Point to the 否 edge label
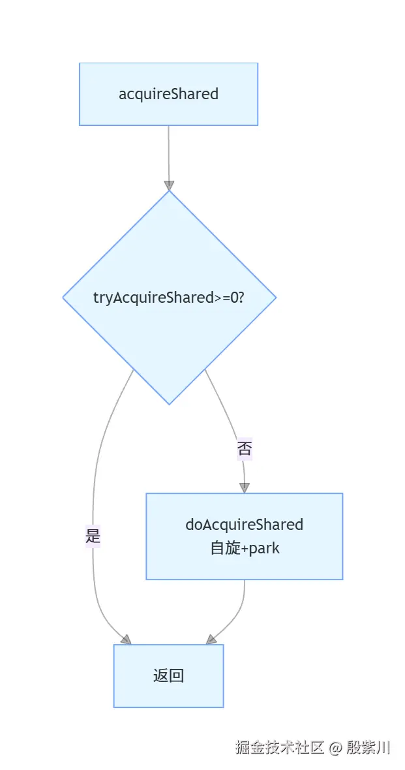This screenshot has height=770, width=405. pos(245,449)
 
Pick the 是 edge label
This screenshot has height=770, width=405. pos(93,537)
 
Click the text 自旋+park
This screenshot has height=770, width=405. pos(245,548)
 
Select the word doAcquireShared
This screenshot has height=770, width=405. pos(245,525)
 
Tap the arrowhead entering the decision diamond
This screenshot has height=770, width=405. pos(169,185)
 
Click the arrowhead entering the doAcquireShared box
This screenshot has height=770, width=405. pos(245,487)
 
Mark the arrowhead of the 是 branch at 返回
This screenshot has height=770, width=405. pos(125,639)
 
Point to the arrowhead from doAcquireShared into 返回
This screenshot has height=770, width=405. pos(211,639)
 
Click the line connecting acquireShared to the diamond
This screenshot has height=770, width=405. pos(169,153)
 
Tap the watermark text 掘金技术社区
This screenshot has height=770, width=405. pos(279,748)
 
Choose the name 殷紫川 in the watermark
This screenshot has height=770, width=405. pos(368,748)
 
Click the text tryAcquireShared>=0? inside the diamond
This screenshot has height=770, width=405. pos(169,298)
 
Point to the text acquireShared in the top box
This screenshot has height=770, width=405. pos(168,94)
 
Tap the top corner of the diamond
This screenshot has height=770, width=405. pos(169,192)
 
